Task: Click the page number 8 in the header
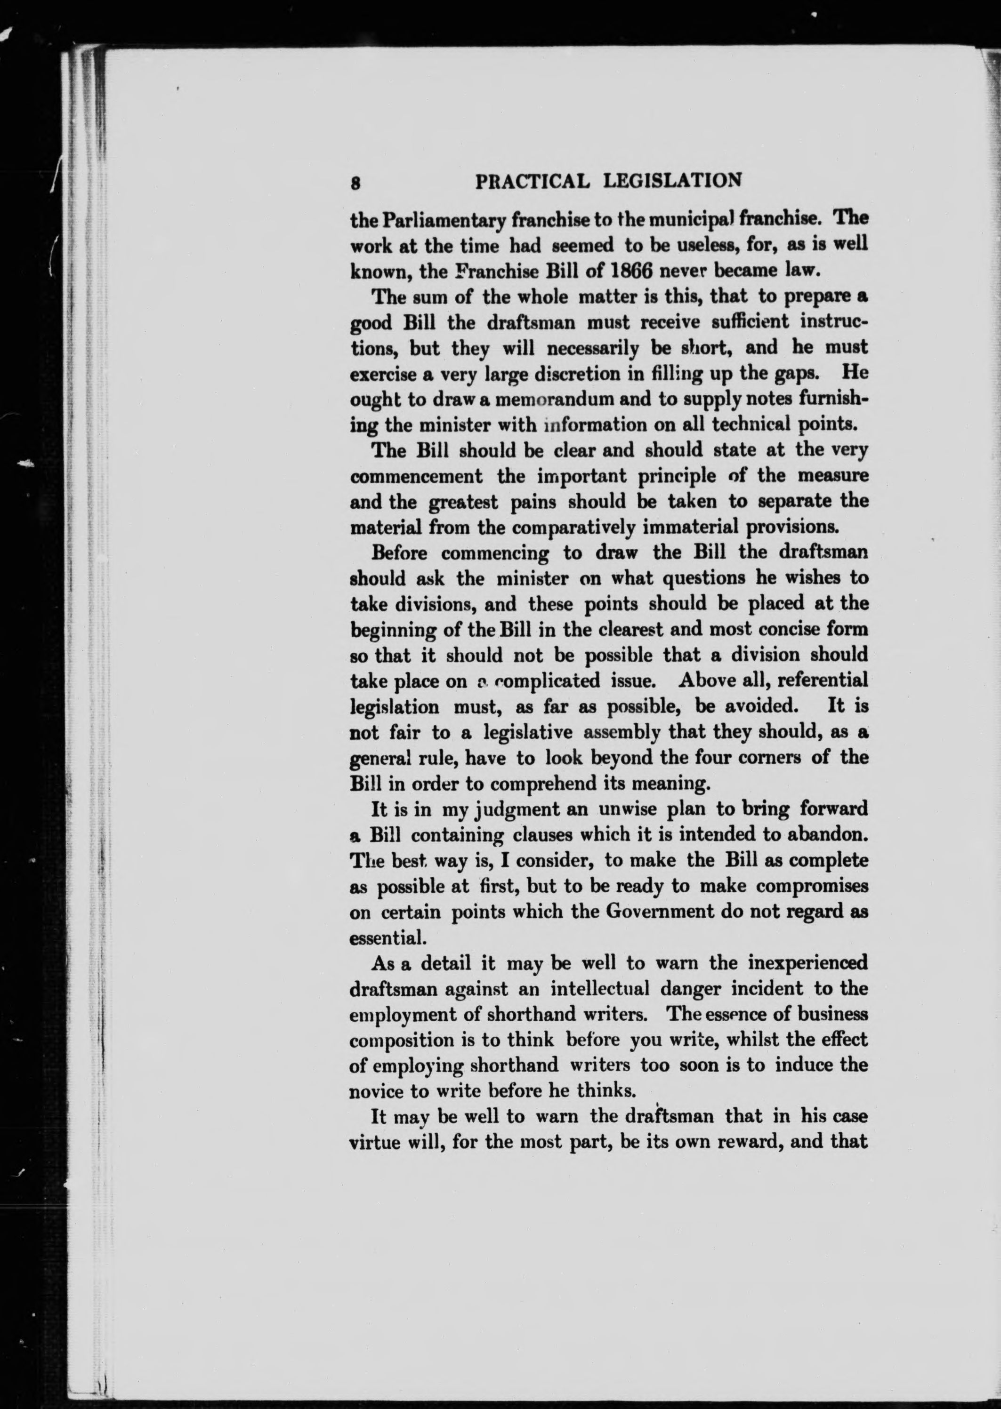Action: (x=355, y=183)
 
